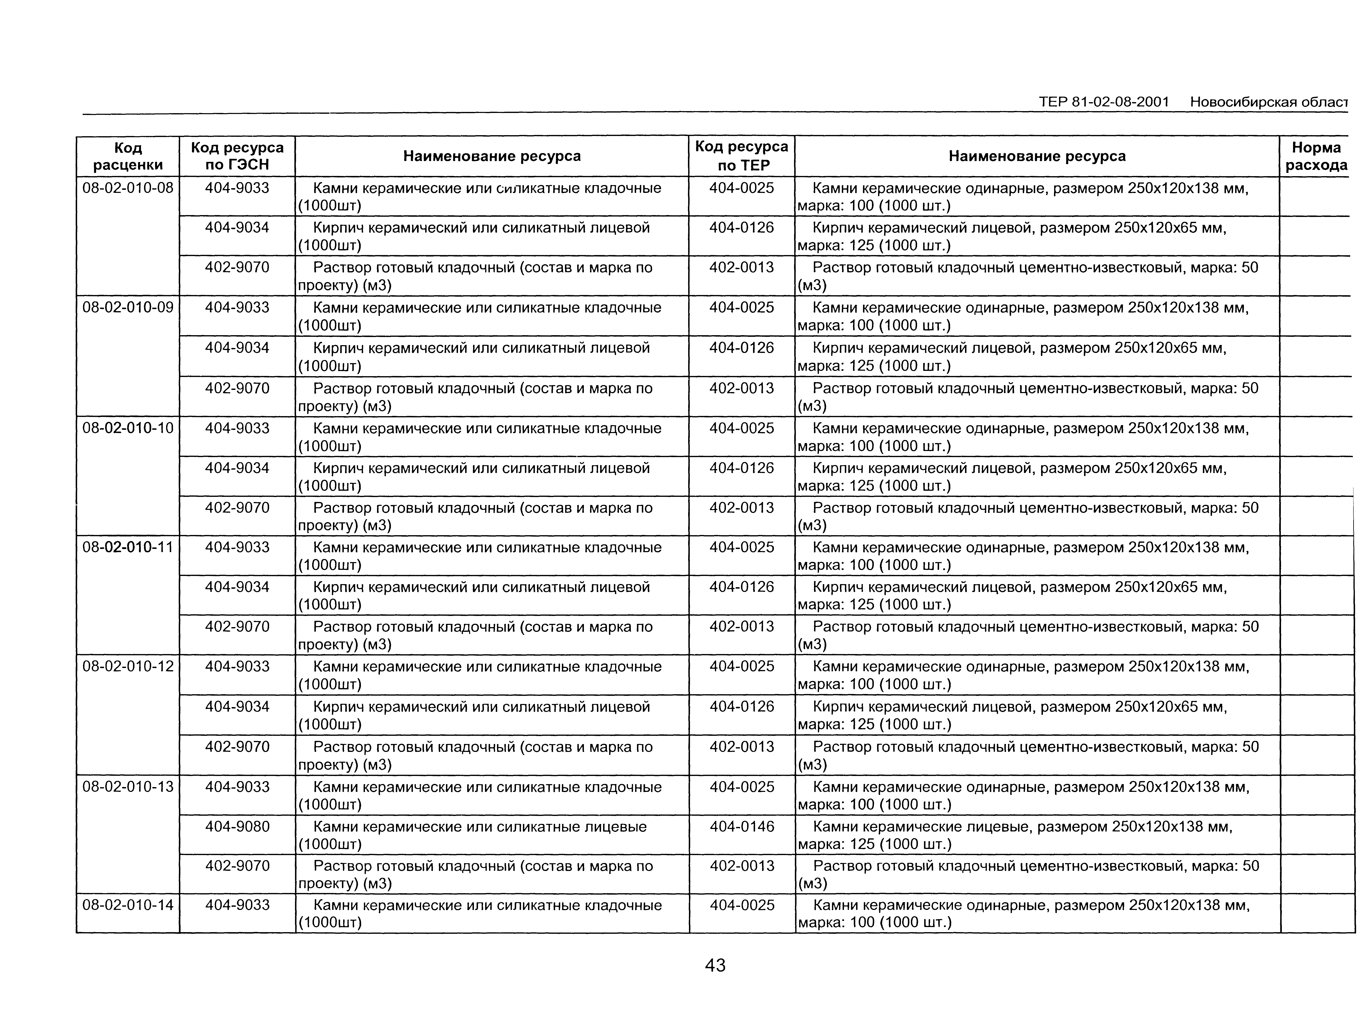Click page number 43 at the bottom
[715, 965]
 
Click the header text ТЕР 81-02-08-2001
[1104, 102]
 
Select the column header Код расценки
[128, 156]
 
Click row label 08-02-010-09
[128, 307]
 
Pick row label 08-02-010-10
[128, 428]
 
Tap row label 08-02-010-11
[128, 547]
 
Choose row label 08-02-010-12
[128, 666]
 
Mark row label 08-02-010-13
[128, 787]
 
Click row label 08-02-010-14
[128, 905]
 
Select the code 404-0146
[742, 827]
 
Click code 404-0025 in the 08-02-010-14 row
[742, 905]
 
